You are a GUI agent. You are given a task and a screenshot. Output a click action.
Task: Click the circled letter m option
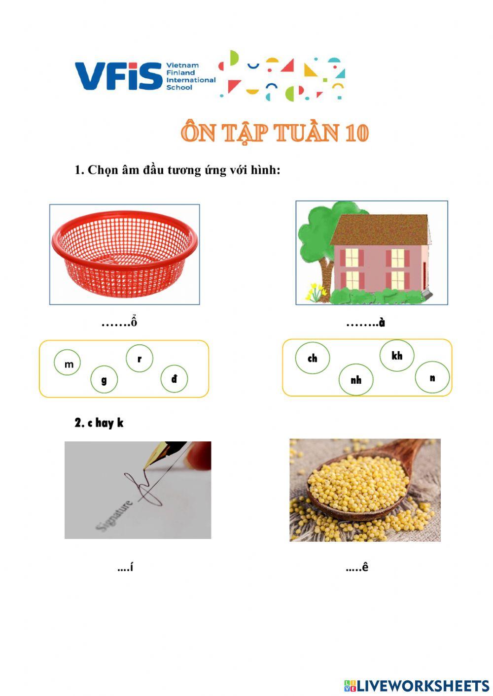68,364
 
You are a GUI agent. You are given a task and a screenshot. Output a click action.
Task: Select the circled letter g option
104,380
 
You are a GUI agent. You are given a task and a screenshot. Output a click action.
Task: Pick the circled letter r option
140,358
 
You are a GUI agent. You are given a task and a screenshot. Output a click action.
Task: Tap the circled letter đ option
174,378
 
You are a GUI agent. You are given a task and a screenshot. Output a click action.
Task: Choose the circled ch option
313,358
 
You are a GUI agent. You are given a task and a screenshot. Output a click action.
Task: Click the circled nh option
356,380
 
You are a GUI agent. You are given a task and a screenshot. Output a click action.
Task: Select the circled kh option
397,355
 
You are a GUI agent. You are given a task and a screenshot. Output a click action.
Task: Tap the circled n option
432,378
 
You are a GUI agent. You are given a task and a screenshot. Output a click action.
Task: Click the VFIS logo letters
118,76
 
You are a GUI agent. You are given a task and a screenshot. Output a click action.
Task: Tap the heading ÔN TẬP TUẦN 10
275,133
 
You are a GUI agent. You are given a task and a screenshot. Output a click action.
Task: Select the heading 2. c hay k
99,423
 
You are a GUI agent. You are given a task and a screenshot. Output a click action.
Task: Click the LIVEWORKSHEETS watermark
417,686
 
